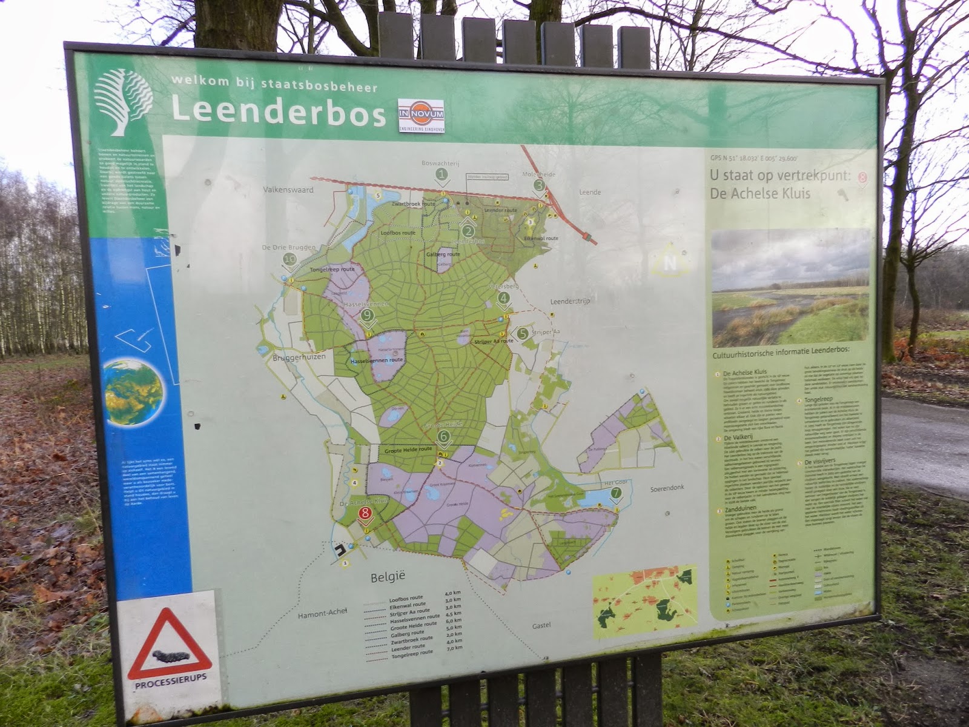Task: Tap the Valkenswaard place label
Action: tap(288, 190)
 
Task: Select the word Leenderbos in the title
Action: tap(278, 111)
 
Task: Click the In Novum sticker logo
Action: tap(421, 115)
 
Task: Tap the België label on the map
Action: tap(388, 577)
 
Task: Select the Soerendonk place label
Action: tap(667, 488)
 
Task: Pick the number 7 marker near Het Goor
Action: tap(615, 493)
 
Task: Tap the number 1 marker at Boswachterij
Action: tap(442, 174)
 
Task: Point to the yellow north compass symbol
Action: tap(669, 262)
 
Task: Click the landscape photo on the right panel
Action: tap(790, 287)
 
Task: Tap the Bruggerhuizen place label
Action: tap(299, 357)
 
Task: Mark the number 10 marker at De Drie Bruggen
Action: tap(290, 260)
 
